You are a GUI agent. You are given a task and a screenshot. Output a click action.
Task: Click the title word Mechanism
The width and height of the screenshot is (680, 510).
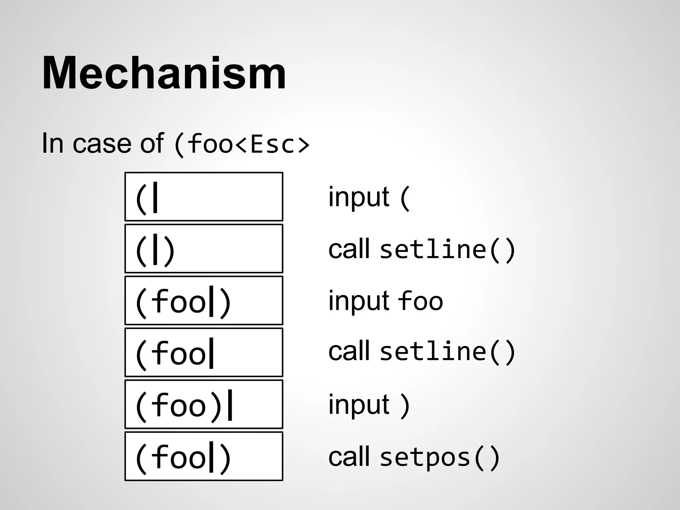click(x=164, y=73)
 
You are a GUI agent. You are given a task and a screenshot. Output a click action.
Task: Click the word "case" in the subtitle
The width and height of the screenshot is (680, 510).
click(x=102, y=143)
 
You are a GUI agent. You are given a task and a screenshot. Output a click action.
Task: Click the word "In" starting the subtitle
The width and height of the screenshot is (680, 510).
click(x=52, y=143)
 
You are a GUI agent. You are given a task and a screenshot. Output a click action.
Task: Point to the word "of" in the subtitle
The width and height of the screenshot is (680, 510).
click(x=152, y=143)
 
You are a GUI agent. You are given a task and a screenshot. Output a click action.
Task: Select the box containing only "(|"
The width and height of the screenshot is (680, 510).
click(x=204, y=197)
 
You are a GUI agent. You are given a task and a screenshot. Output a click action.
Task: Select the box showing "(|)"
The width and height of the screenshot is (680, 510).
click(x=204, y=249)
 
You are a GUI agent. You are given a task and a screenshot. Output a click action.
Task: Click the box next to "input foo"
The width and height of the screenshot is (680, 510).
click(x=204, y=300)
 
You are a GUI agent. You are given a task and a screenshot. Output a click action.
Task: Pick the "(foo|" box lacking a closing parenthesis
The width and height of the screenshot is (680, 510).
click(x=204, y=352)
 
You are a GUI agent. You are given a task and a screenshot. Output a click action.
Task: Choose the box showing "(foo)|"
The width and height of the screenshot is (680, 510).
click(x=204, y=404)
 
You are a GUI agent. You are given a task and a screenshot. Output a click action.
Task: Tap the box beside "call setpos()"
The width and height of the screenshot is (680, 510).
click(x=204, y=456)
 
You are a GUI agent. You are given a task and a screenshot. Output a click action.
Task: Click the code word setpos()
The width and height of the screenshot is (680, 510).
click(x=440, y=458)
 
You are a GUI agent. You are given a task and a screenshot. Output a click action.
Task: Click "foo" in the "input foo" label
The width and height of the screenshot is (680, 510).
click(x=420, y=301)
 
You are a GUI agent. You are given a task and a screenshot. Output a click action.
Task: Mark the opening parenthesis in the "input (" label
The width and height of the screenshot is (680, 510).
click(x=405, y=198)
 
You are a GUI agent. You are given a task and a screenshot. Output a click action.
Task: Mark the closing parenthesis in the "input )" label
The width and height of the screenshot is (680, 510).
click(x=405, y=406)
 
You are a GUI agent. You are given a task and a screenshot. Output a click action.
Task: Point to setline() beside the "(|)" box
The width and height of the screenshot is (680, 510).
click(x=448, y=250)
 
